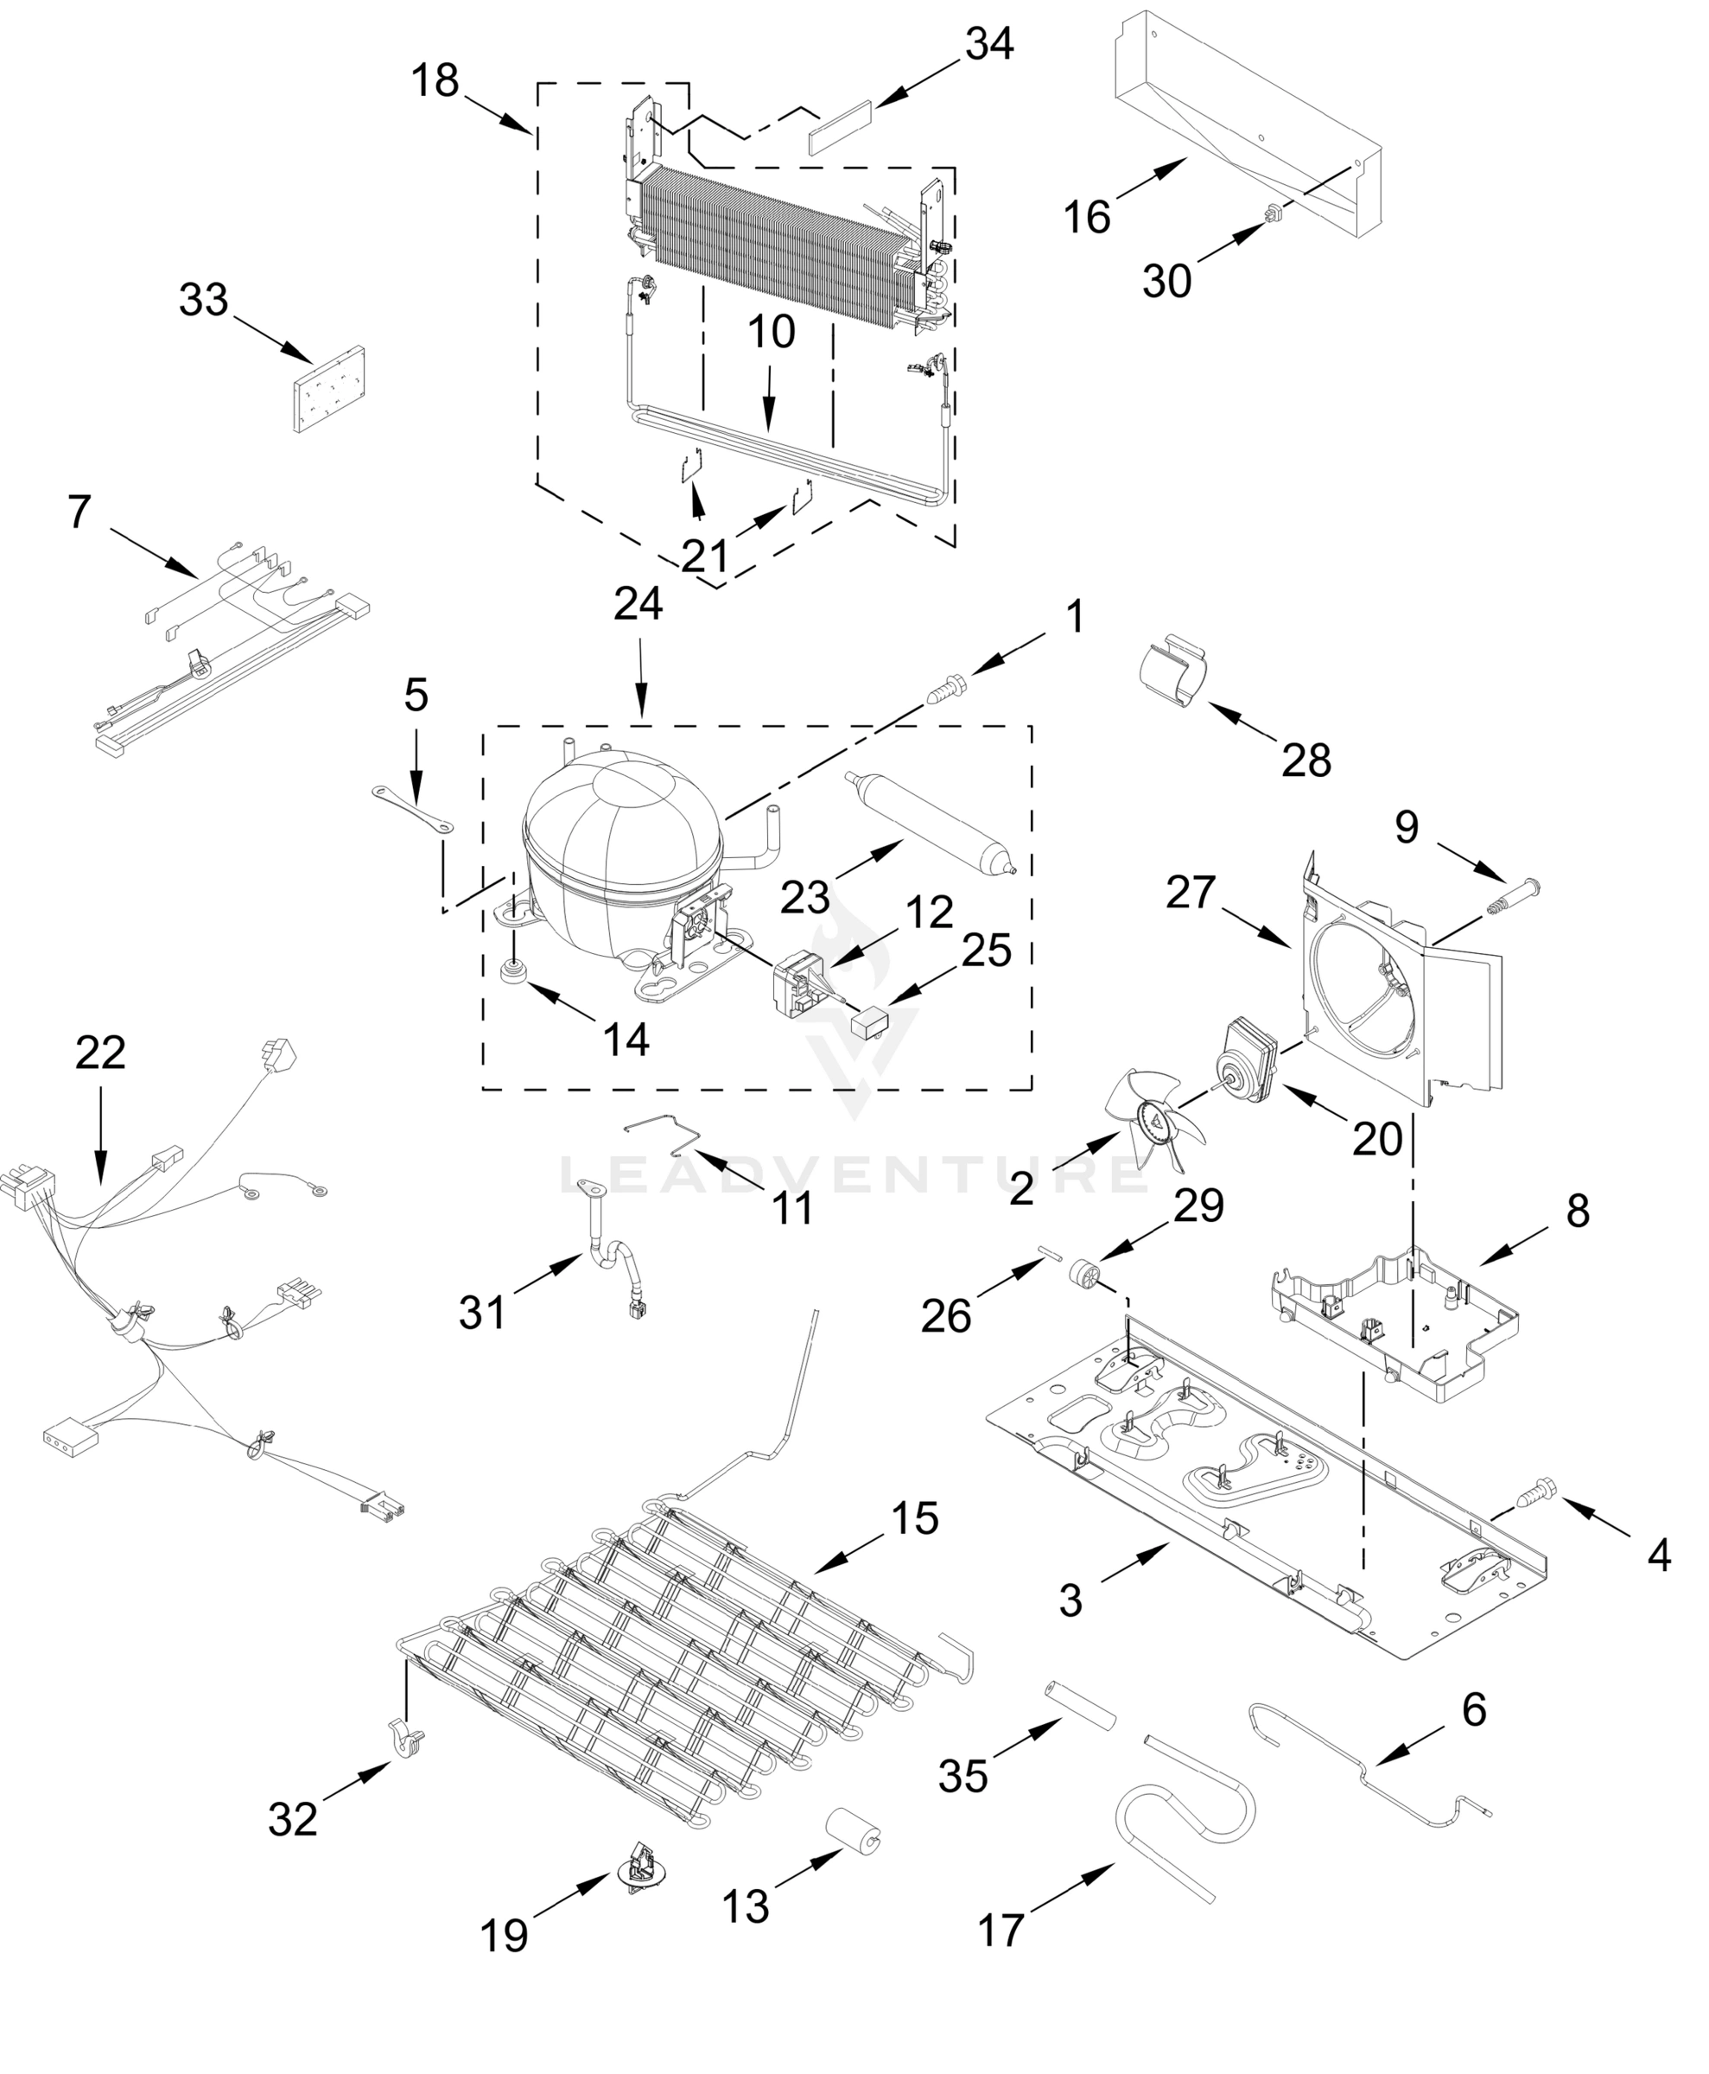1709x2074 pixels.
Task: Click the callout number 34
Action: click(x=988, y=44)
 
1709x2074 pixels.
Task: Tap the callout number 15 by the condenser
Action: click(x=915, y=1518)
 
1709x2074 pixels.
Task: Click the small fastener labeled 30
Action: click(x=1277, y=212)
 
